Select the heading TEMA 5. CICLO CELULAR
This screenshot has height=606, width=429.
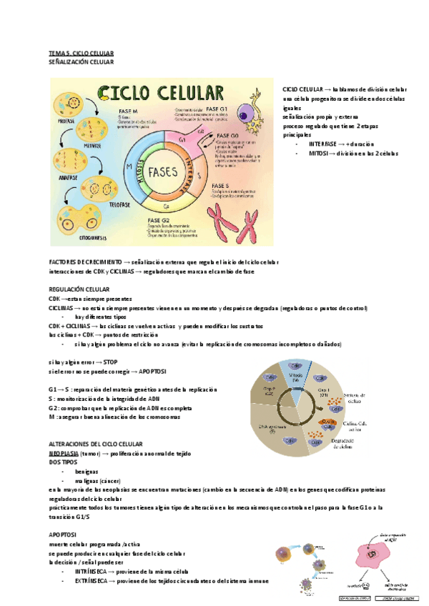click(x=80, y=54)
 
